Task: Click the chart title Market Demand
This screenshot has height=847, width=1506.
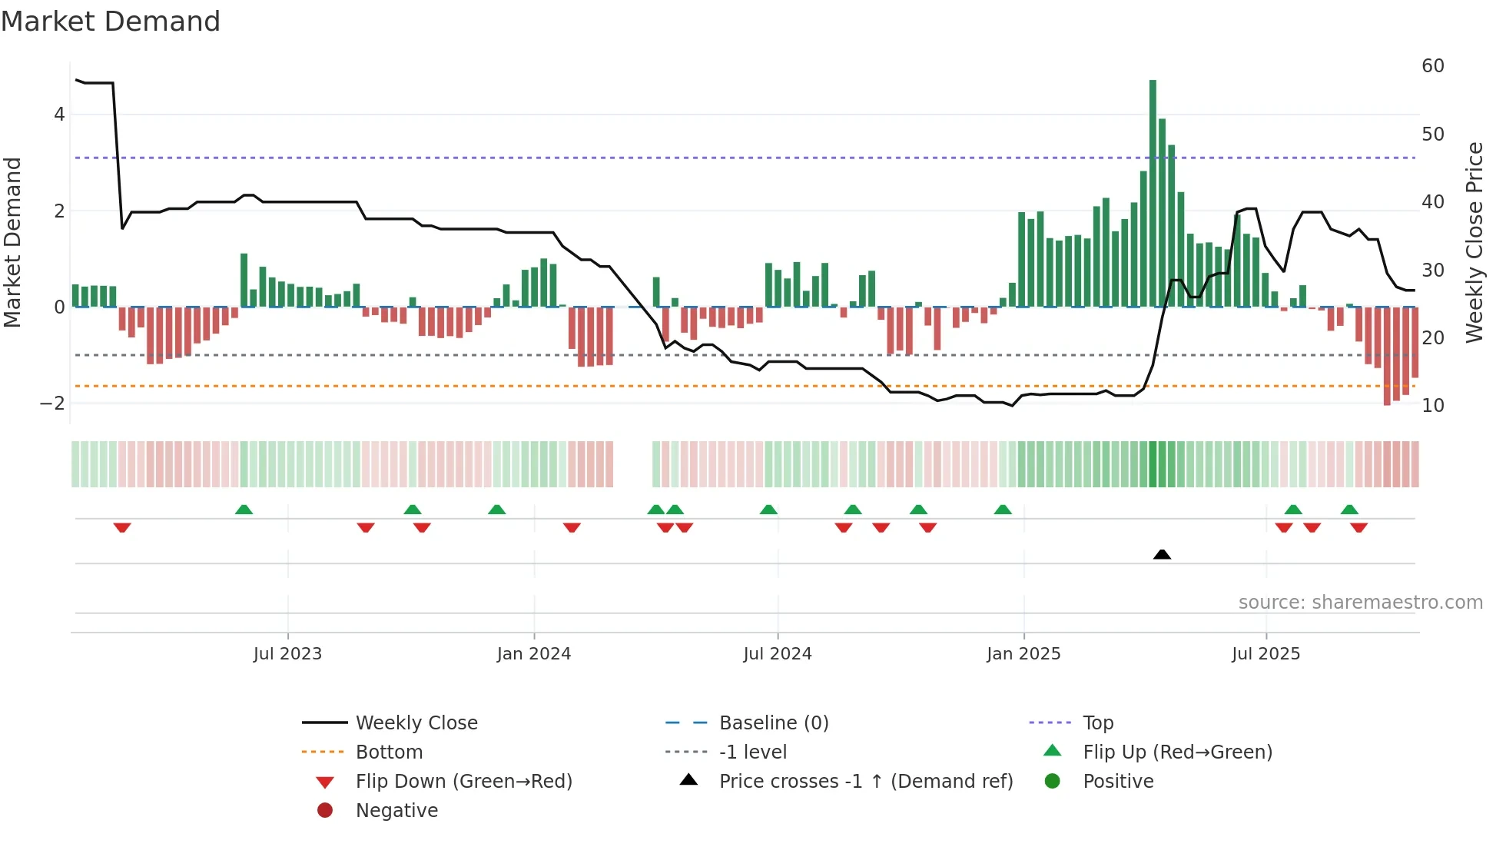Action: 111,22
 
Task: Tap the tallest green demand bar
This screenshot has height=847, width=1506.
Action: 1153,192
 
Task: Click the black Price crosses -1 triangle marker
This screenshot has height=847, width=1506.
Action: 1162,554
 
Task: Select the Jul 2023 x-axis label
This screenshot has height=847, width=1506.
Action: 287,654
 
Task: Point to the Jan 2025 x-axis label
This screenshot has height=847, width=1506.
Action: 1023,654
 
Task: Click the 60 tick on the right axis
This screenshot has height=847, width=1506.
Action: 1432,66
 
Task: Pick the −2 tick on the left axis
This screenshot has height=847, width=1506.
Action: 52,404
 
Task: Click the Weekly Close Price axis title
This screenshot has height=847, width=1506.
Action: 1474,242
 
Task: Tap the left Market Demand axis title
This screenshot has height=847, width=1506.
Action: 13,242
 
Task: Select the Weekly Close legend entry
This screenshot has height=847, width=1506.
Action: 416,723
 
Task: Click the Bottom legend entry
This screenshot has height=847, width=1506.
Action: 389,752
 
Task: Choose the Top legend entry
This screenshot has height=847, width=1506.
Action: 1097,723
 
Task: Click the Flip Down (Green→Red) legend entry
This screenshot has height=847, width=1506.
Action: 463,782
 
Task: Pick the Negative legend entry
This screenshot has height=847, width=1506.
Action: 396,811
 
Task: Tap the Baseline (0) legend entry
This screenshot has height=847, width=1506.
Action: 773,723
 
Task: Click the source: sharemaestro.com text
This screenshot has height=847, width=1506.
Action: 1360,603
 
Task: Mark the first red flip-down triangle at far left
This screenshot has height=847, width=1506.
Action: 122,527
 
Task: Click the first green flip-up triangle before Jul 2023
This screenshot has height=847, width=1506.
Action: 244,510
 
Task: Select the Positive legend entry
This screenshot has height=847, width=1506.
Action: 1117,782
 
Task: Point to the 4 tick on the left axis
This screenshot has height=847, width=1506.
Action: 59,115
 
